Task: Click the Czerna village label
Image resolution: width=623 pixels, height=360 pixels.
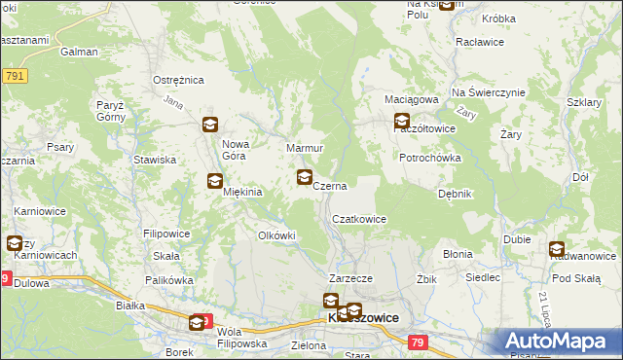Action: coord(330,184)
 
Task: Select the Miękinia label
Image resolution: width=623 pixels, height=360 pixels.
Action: coord(243,192)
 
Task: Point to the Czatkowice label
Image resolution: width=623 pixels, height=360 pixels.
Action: coord(360,220)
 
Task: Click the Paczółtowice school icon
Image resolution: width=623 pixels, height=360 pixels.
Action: coord(402,122)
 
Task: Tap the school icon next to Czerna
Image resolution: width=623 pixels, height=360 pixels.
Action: coord(305,177)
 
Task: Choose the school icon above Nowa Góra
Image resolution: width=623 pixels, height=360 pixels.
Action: coord(209,125)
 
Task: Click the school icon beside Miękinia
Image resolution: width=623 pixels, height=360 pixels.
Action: coord(215,181)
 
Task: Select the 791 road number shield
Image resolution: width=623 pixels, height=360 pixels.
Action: coord(14,76)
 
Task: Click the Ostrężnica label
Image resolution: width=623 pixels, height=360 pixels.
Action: coord(177,80)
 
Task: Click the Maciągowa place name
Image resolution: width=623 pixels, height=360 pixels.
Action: coord(416,99)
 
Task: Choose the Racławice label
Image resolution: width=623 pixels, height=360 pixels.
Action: coord(479,43)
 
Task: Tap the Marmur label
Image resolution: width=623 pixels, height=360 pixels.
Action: coord(304,148)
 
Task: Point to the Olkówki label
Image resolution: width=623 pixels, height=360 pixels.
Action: coord(275,235)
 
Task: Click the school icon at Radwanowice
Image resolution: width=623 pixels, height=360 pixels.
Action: coord(557,249)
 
